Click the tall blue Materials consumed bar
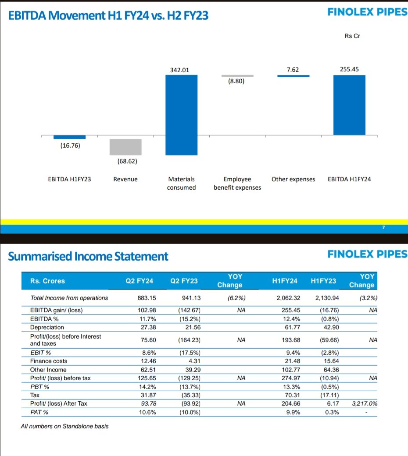click(x=181, y=115)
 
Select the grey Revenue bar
click(x=125, y=147)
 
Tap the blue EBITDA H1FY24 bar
click(x=349, y=105)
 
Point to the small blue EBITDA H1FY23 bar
click(x=69, y=137)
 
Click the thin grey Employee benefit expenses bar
click(x=237, y=76)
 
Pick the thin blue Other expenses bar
click(x=293, y=76)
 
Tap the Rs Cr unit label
click(x=352, y=36)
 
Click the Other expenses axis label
click(x=293, y=179)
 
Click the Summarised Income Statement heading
click(x=88, y=256)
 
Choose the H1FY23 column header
click(x=323, y=281)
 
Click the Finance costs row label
click(x=48, y=361)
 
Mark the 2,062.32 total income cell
click(x=288, y=298)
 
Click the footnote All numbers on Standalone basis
click(x=64, y=426)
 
